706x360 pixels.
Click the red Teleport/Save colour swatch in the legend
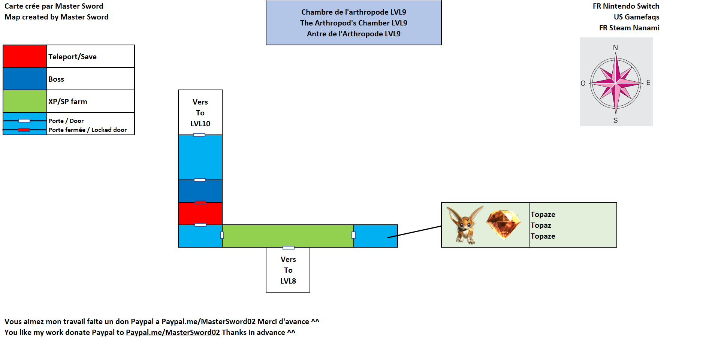click(25, 56)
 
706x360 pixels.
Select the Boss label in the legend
click(56, 79)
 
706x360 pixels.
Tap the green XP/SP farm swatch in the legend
click(25, 101)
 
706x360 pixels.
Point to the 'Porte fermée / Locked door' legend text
click(87, 130)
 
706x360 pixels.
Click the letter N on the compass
click(615, 48)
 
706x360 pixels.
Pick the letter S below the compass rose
click(615, 120)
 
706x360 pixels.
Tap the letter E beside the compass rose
click(648, 82)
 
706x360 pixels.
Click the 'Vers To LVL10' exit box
click(200, 112)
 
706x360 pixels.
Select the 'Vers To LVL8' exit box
click(288, 270)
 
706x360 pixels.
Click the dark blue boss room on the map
click(200, 191)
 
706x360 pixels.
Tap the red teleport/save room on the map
click(200, 214)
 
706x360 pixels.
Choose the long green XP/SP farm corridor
click(288, 236)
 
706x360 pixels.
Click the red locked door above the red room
click(200, 202)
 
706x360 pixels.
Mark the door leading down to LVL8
click(288, 248)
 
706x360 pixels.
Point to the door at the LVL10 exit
click(199, 135)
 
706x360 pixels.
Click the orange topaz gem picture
click(503, 224)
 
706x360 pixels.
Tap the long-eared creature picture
click(465, 224)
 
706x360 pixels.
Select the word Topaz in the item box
click(541, 225)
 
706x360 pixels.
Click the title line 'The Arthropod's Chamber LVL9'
click(353, 23)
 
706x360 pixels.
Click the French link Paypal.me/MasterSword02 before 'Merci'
click(208, 321)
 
